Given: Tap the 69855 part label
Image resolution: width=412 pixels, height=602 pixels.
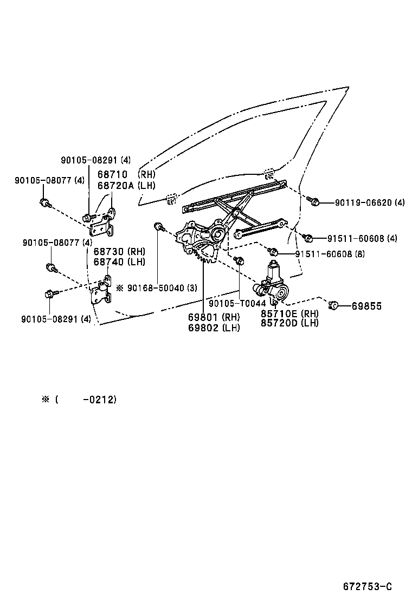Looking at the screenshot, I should point(366,306).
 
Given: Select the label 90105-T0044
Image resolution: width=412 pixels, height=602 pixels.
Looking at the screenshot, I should point(237,304).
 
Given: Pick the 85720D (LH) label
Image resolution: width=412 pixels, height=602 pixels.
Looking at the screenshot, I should point(289,323).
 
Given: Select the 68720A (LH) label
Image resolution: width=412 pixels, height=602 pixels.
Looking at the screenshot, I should point(126,185).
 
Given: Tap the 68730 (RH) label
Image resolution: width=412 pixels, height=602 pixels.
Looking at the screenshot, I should point(118,252).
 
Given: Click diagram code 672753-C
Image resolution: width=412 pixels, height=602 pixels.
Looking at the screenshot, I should point(367,586).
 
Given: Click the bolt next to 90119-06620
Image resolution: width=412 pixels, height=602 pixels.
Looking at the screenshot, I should point(313,202).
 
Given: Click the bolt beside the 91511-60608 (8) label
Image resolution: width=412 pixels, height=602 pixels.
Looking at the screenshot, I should point(274,252).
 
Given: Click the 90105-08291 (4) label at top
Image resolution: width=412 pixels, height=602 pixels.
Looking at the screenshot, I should point(95,160).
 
